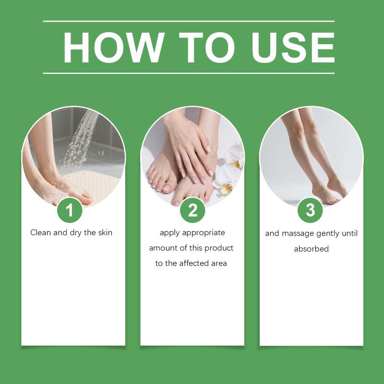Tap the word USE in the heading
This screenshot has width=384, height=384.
point(293,48)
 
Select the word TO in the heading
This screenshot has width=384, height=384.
point(207,48)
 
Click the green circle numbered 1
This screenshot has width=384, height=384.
point(70,210)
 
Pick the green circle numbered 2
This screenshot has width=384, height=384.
point(192,210)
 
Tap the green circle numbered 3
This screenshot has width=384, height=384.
point(310,210)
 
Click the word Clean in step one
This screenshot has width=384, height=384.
point(41,232)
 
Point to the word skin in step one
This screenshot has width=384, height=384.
point(105,232)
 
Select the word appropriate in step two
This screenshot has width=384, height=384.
point(204,233)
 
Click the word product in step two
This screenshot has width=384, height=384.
point(219,248)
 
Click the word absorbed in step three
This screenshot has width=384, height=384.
point(311,249)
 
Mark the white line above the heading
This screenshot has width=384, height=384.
point(189,21)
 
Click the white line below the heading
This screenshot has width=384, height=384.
point(189,73)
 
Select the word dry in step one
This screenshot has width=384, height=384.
point(76,233)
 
